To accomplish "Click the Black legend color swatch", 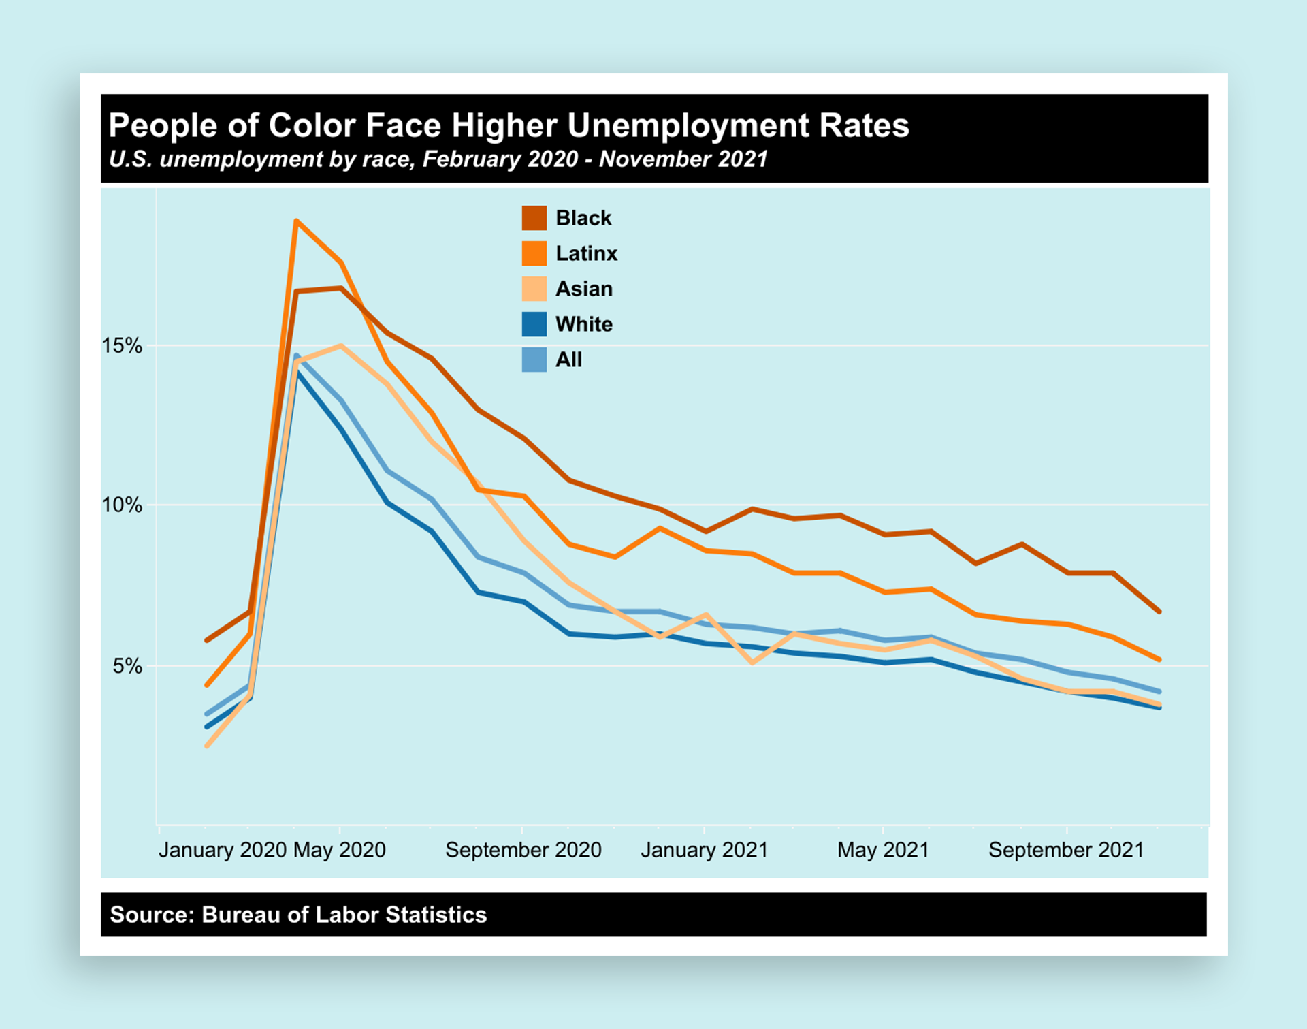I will (x=534, y=218).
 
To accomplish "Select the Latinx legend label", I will (x=586, y=253).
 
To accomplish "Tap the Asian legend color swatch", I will (x=534, y=289).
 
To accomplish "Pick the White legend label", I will (x=583, y=324).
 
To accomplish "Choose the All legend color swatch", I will (x=534, y=360).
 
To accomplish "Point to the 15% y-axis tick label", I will (x=123, y=346).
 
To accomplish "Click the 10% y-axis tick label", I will (x=123, y=505).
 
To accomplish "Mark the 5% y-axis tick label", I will (x=127, y=666).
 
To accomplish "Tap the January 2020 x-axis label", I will (x=223, y=850).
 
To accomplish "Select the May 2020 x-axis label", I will (x=340, y=850).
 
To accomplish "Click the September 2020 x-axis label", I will (x=523, y=850).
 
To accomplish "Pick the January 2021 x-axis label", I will (x=704, y=850).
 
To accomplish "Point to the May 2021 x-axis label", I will (x=883, y=850).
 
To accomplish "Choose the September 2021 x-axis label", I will (x=1066, y=850).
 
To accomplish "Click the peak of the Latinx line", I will (x=296, y=221).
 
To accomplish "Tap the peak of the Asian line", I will (x=340, y=346).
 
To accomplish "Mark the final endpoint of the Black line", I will (x=1159, y=612).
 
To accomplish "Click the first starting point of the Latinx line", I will (x=207, y=685).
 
